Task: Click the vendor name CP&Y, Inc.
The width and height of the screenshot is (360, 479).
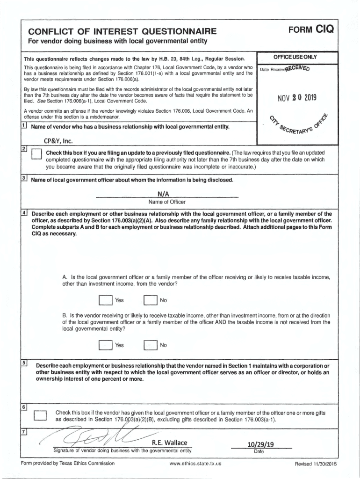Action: [x=50, y=141]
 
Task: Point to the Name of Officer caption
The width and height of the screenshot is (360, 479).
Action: [x=167, y=202]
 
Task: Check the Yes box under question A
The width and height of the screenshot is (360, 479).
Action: [x=105, y=300]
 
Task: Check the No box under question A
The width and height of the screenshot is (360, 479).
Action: [x=150, y=300]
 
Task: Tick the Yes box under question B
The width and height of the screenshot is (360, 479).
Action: [x=105, y=346]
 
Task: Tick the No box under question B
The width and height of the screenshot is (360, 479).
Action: [x=150, y=346]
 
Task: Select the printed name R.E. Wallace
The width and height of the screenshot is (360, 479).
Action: [x=169, y=443]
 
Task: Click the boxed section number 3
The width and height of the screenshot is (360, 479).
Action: [x=24, y=179]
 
